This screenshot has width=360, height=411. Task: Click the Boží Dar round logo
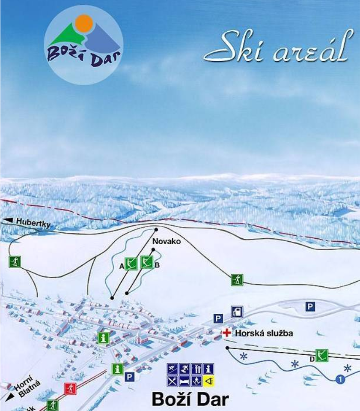tap(83, 45)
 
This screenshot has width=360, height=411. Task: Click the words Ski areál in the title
tap(280, 47)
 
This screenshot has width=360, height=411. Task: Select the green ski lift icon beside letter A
tap(131, 264)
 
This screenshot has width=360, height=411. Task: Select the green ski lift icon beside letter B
tap(147, 262)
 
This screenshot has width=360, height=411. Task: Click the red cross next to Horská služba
tap(227, 333)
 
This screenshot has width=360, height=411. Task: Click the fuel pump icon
tap(237, 312)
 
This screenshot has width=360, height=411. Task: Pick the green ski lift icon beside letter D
tap(322, 355)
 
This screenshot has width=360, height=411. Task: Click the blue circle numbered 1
tap(340, 379)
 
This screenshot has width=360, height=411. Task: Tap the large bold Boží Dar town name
tap(190, 399)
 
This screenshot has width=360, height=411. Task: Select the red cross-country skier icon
tap(70, 389)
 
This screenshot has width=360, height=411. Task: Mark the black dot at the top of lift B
tap(153, 249)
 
